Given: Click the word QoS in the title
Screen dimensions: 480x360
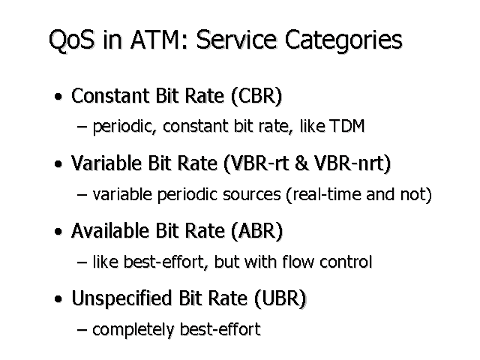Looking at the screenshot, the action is (x=72, y=40).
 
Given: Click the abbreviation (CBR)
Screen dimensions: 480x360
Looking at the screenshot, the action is (x=256, y=96).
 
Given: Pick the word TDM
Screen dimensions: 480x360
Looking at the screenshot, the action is (x=347, y=126).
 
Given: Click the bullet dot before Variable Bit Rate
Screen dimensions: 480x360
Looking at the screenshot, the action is (x=58, y=164).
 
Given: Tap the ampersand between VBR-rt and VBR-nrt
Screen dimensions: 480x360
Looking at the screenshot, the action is (x=301, y=163).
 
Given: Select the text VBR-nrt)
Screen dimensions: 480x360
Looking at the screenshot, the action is (x=352, y=163).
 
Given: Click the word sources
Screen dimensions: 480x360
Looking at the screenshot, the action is (x=252, y=195).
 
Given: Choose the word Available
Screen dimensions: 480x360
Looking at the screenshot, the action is (x=110, y=230).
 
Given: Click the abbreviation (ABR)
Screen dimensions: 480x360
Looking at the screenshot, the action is (x=256, y=231).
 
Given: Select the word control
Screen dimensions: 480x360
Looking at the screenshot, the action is (x=346, y=262).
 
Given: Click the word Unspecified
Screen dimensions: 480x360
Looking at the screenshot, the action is (x=121, y=298).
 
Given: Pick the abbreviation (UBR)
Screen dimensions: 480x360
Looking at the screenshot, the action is (x=280, y=298).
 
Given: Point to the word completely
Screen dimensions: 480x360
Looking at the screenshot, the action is (x=133, y=330).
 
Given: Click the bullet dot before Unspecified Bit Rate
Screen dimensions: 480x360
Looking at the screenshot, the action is (x=58, y=298).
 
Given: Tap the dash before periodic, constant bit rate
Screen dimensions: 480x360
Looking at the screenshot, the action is (x=82, y=127).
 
